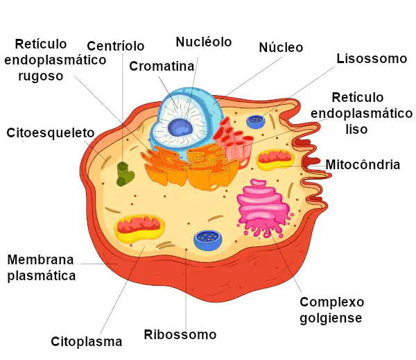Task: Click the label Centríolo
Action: point(115,46)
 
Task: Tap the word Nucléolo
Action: point(204,42)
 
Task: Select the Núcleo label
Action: point(281,48)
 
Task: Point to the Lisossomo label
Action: point(372,58)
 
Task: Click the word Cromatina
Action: point(162,66)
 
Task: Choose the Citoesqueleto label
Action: point(51,132)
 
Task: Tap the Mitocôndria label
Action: point(363,164)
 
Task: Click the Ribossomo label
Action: point(180,334)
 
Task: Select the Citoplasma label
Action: point(87,342)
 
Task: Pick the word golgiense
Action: point(331,318)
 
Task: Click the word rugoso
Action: point(41,76)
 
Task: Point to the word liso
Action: point(356,129)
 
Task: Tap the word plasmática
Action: point(42,276)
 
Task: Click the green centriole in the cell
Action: point(125,174)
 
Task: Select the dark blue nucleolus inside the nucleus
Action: point(180,127)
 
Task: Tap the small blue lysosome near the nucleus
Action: point(256,121)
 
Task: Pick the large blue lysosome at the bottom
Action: point(208,240)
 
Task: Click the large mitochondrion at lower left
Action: point(139,228)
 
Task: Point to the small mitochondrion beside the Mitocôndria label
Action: point(275,160)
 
